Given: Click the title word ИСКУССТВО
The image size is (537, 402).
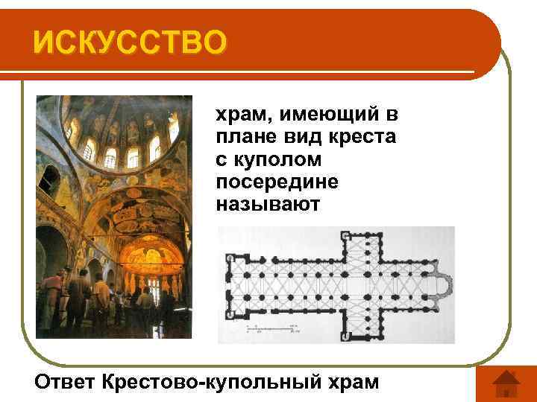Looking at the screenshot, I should click(128, 42).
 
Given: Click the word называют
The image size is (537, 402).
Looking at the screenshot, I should click(267, 202).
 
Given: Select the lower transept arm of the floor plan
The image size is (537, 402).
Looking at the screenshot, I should click(365, 320).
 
